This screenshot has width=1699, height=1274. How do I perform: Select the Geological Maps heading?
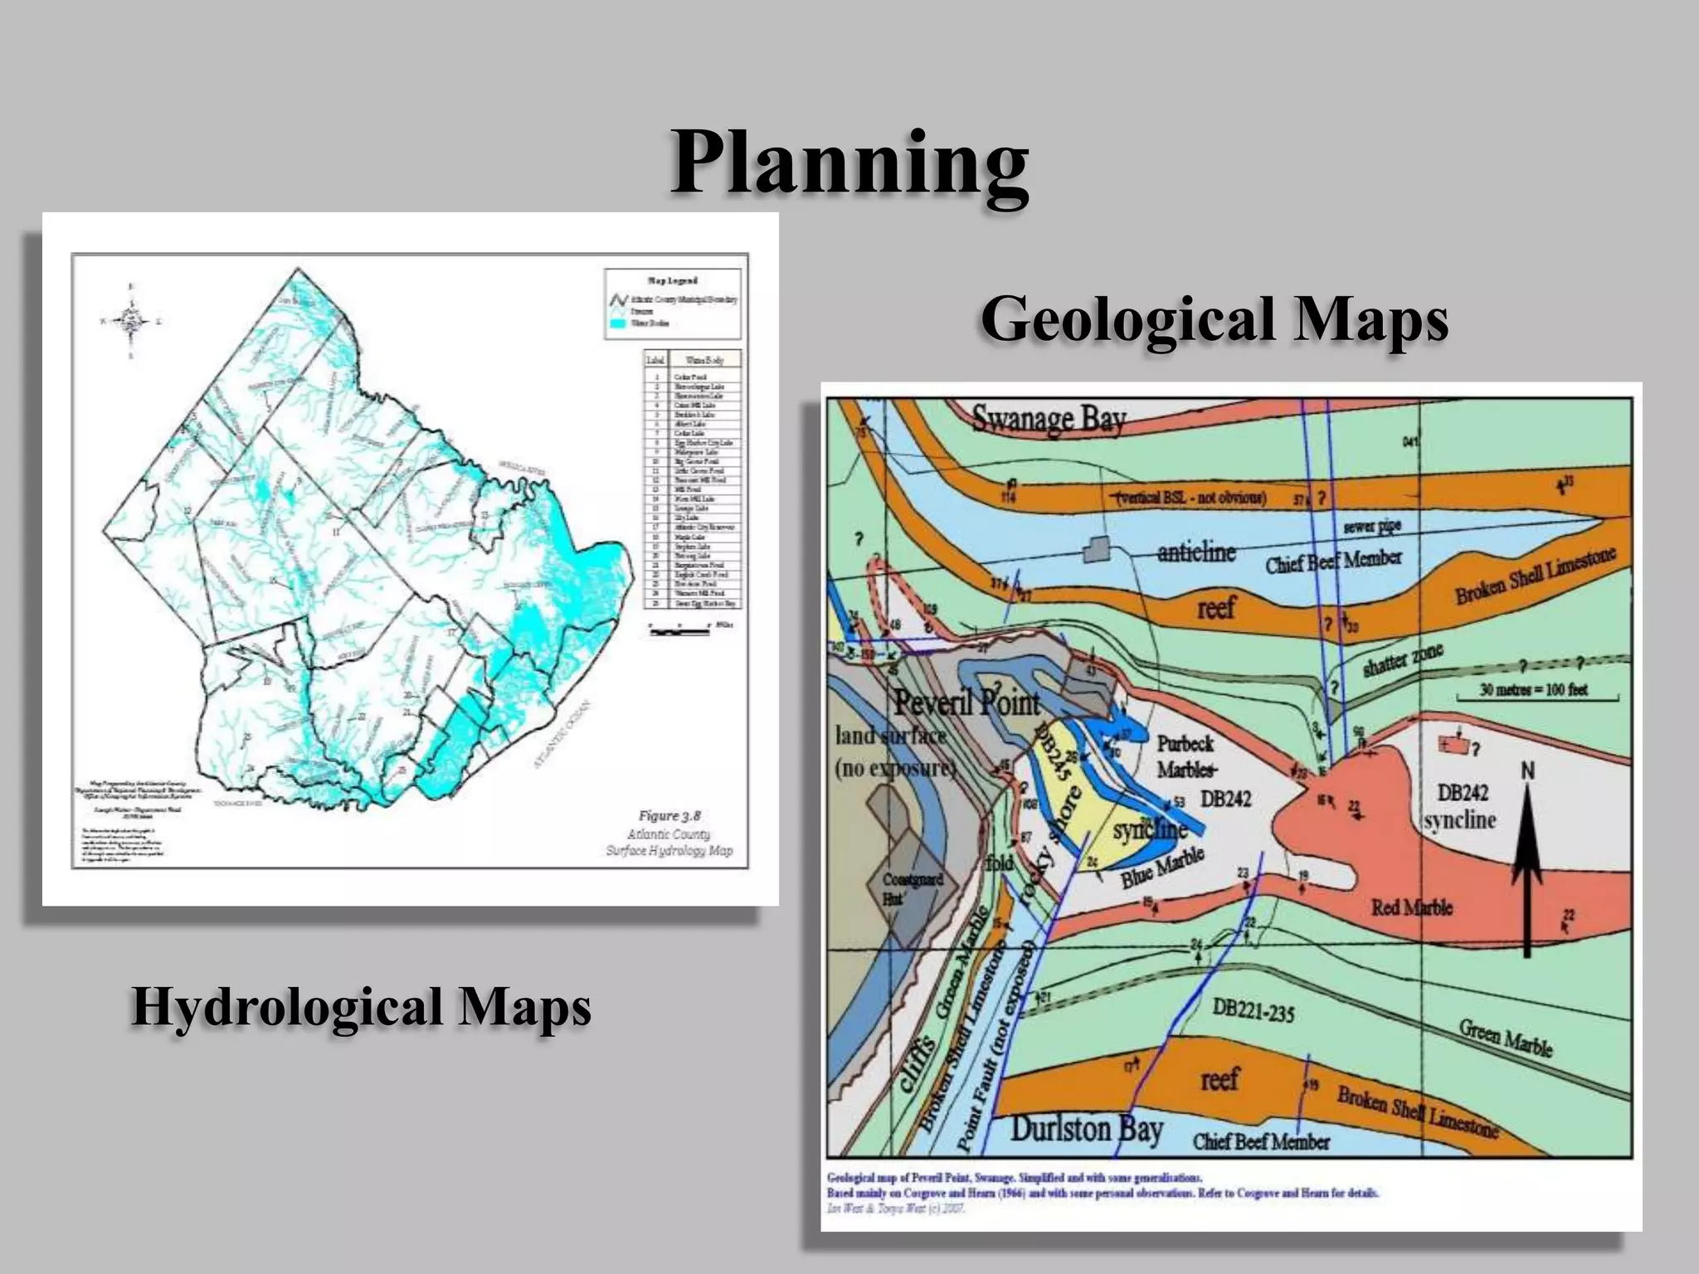(x=1214, y=320)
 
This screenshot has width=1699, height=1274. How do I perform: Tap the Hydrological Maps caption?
(x=361, y=1006)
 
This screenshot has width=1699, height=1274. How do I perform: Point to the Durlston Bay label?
(x=1086, y=1129)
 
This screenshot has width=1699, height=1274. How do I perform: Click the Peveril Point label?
(x=966, y=703)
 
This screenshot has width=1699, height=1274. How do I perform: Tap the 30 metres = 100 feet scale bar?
(x=1534, y=691)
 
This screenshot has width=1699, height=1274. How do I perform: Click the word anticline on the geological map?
(x=1196, y=552)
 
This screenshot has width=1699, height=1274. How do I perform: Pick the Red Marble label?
(x=1411, y=907)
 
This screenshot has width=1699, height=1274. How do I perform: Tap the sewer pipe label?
(x=1372, y=528)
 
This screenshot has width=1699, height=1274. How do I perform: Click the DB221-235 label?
(x=1253, y=1010)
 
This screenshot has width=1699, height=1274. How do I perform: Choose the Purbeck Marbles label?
(x=1185, y=756)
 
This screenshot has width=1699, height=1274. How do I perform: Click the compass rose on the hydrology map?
(x=131, y=320)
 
